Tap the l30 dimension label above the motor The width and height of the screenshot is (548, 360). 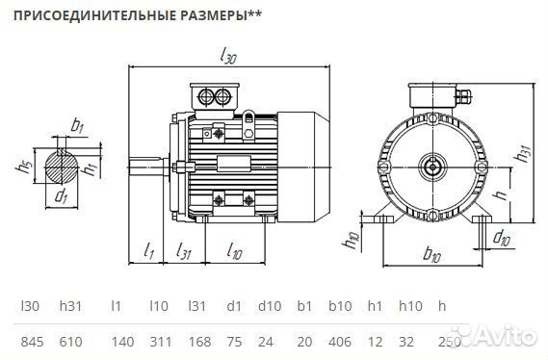tap(227, 57)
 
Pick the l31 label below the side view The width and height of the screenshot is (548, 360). tap(184, 252)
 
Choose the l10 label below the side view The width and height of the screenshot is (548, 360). tap(235, 252)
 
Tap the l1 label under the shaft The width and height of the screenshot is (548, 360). tap(148, 252)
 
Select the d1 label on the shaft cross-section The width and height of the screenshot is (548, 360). tap(62, 197)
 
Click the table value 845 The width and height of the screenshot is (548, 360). tap(32, 342)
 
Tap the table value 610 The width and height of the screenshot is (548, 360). tap(70, 342)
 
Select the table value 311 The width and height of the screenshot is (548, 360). tap(160, 342)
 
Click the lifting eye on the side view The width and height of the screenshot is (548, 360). tap(249, 117)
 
